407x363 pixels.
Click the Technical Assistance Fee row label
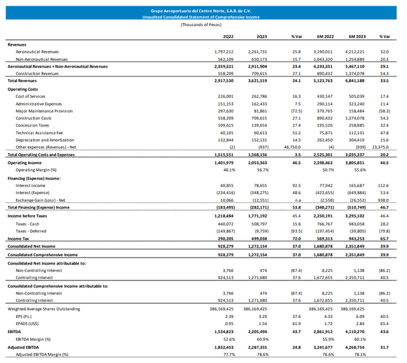[x=40, y=133]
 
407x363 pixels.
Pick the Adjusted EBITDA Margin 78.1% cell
[x=360, y=355]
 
